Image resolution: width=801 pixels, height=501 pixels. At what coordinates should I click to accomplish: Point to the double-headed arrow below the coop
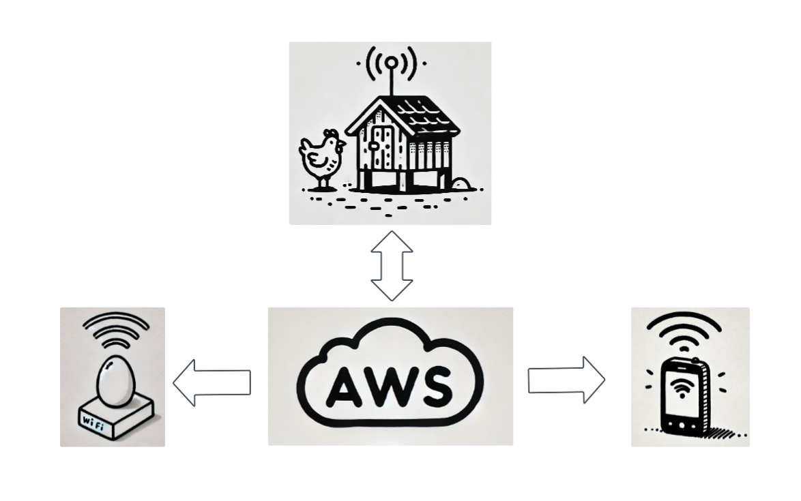coord(392,266)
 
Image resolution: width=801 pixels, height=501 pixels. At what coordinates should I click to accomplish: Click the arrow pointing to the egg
coord(212,382)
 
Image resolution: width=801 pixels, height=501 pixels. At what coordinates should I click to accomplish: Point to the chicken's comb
coord(331,134)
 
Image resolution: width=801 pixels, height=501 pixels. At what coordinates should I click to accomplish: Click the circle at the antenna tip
coord(391,63)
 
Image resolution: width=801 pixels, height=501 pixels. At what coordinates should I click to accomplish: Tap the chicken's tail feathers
coord(304,147)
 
